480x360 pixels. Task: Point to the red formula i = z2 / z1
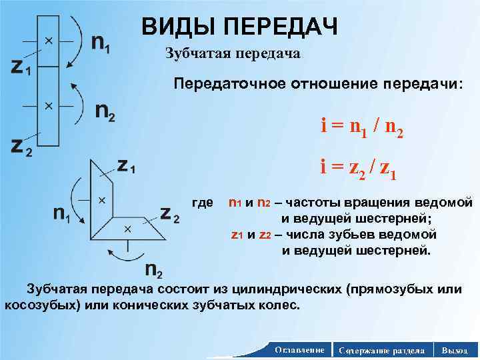(359, 173)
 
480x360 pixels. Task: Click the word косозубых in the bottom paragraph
(41, 305)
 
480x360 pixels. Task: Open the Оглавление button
(299, 350)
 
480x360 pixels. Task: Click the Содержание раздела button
(381, 350)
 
